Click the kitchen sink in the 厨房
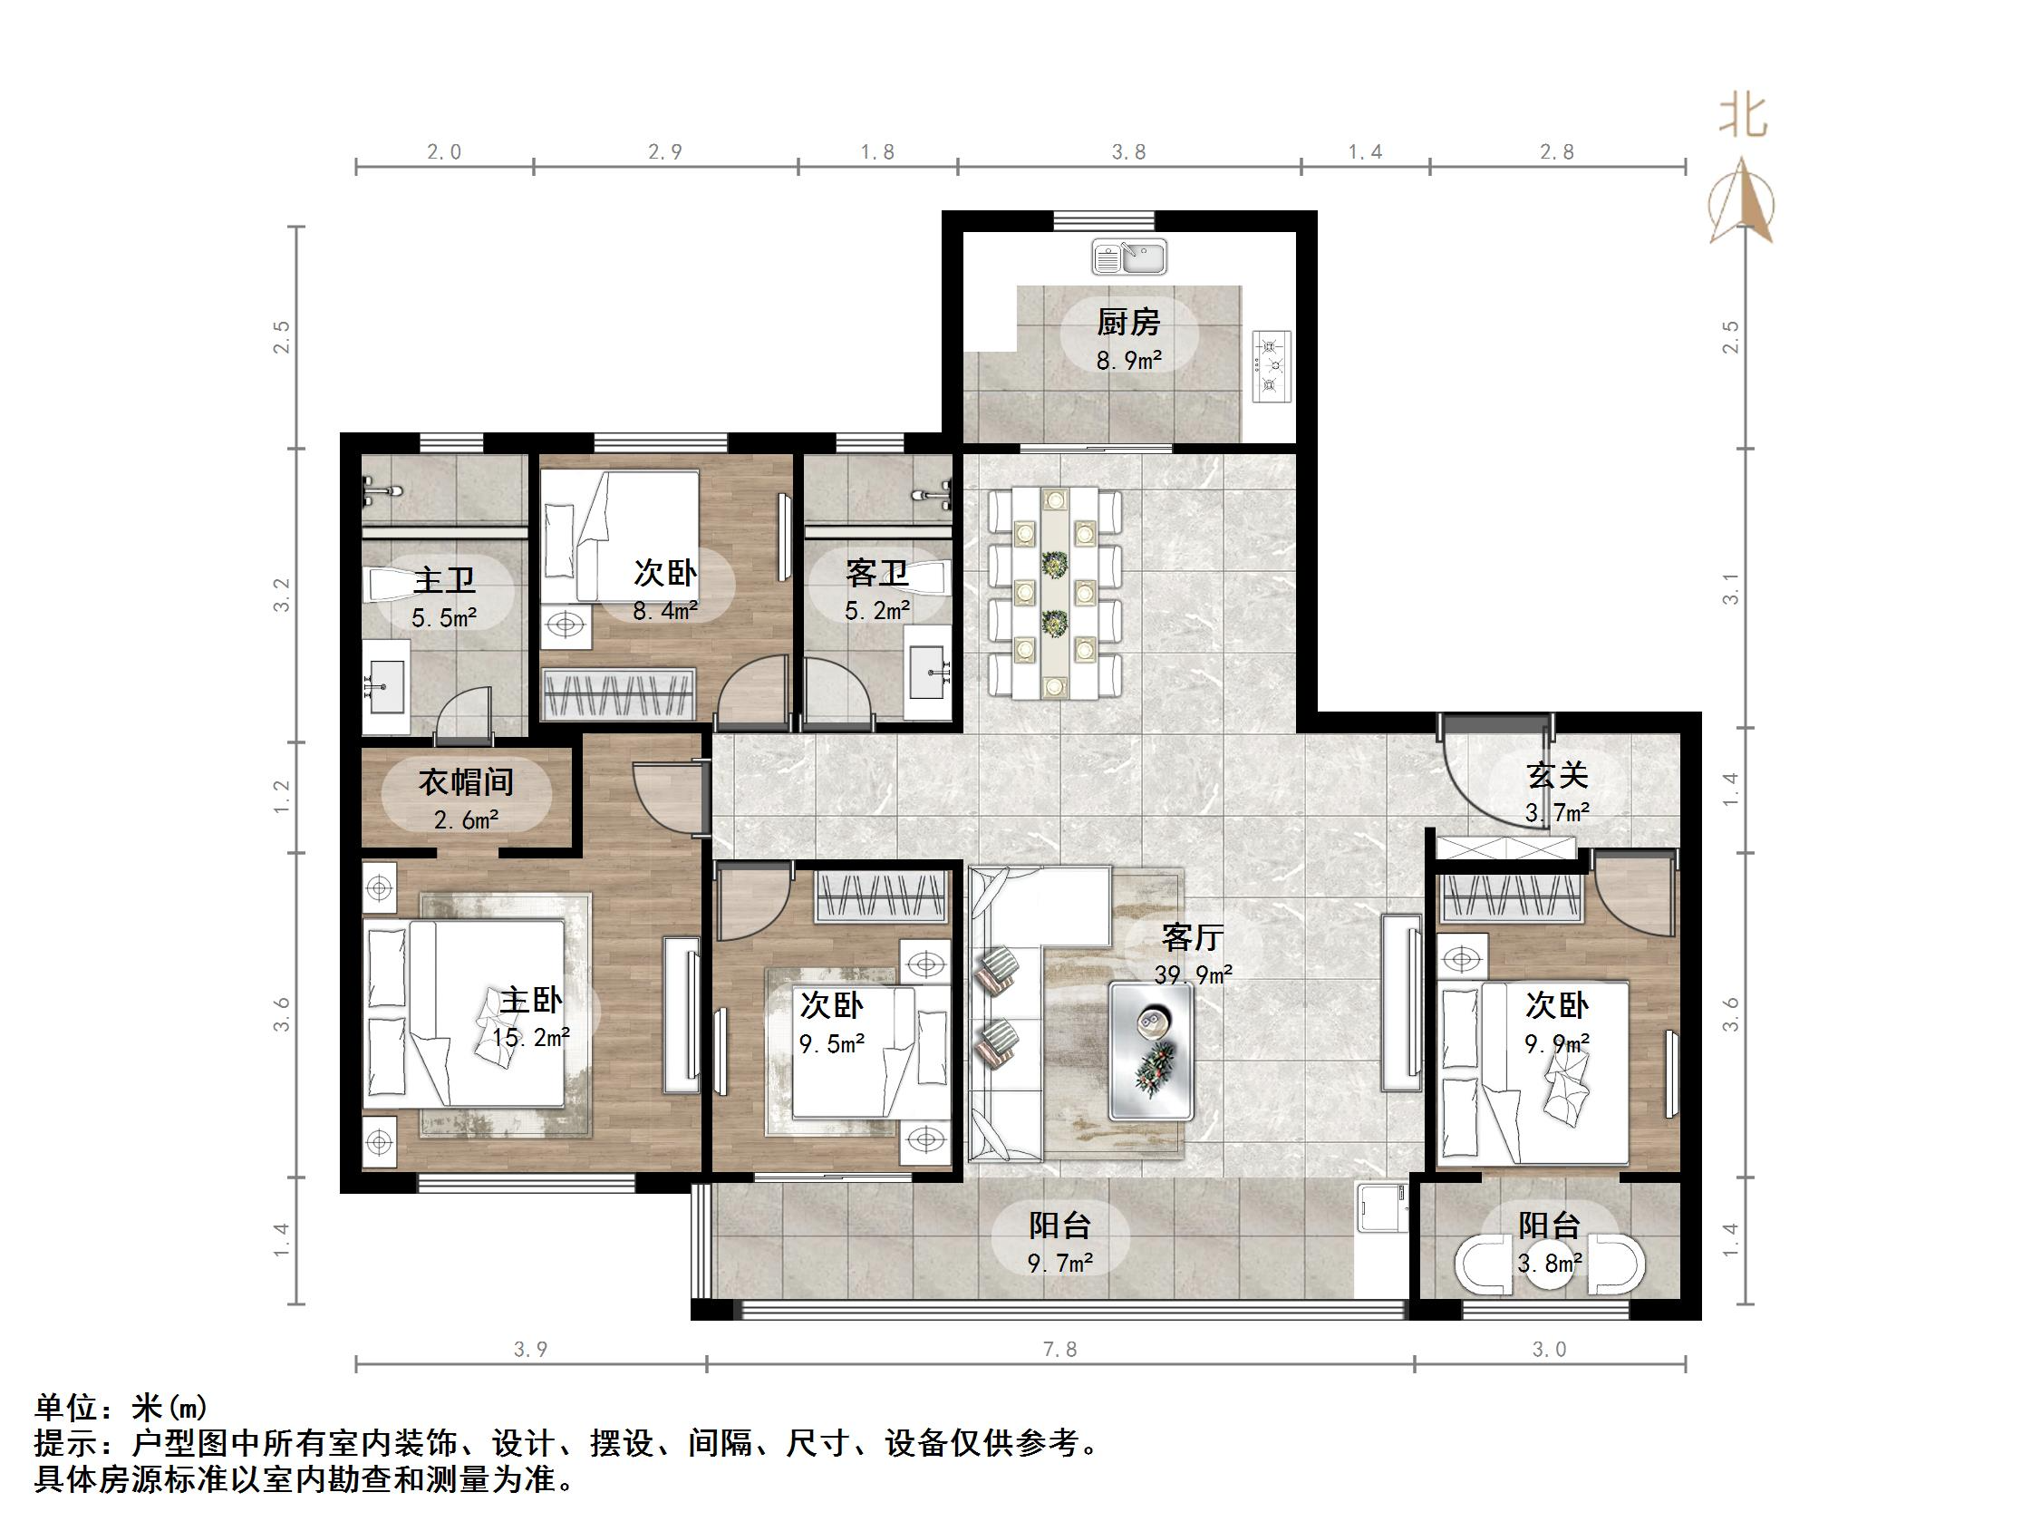coord(1129,257)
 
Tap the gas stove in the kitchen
coord(1271,366)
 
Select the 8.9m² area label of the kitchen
coord(1128,361)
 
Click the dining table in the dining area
coord(1055,594)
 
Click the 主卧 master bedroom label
coord(531,1001)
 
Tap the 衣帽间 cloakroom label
coord(467,781)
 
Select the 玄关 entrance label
coord(1558,775)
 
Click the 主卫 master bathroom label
coord(444,580)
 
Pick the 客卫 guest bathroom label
coord(877,573)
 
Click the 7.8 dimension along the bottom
coord(1060,1349)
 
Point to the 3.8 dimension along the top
coord(1128,152)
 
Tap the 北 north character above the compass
coord(1743,116)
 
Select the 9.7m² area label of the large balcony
coord(1060,1263)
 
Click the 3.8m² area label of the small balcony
coord(1550,1263)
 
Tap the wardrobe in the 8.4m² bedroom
coord(618,693)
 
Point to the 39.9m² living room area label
coord(1193,974)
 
